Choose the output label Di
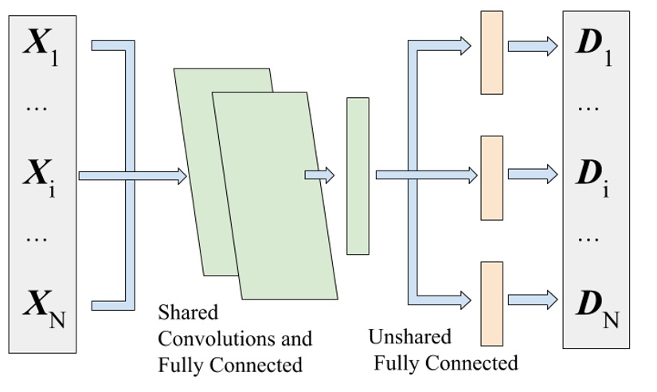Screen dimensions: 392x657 click(x=594, y=176)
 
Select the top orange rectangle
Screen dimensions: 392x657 click(x=491, y=53)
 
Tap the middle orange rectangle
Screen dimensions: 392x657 click(x=491, y=177)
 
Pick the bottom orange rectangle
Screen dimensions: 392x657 click(x=491, y=304)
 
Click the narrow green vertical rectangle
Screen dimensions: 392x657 click(x=358, y=176)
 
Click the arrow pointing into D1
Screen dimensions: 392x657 click(x=533, y=46)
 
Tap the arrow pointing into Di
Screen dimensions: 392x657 click(x=533, y=174)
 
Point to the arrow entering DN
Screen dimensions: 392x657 click(x=533, y=300)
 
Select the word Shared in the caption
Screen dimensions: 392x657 click(x=188, y=312)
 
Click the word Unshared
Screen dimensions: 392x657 click(x=410, y=336)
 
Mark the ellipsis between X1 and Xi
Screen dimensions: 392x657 click(x=37, y=108)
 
